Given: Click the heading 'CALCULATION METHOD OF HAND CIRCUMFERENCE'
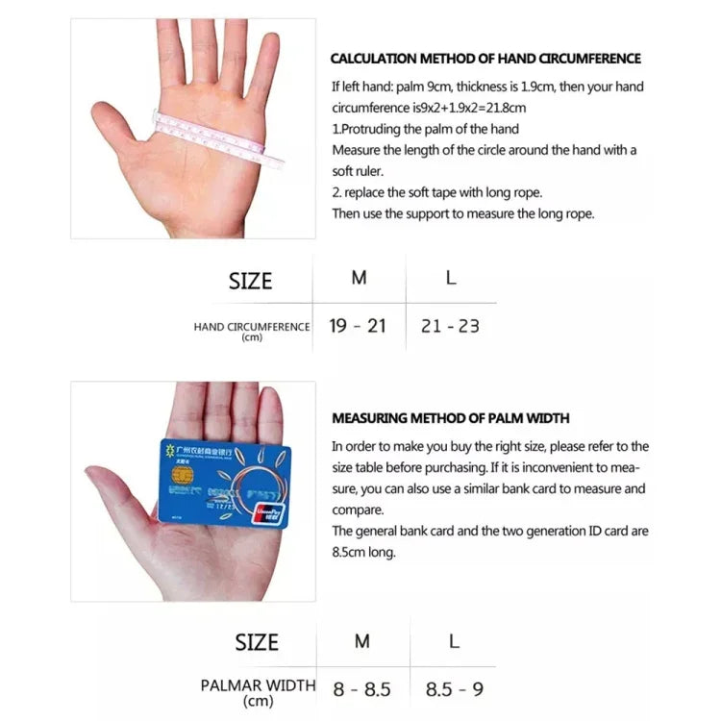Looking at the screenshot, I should point(485,59).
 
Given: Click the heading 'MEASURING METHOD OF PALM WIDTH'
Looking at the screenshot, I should point(451,418).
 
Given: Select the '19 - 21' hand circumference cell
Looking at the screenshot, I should point(358,326).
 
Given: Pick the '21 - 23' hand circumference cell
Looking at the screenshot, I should point(450,326).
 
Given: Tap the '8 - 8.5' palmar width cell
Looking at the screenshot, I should point(361,689).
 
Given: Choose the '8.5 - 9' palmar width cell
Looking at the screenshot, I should point(453,689).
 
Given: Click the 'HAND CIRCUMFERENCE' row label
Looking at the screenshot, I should point(252,327).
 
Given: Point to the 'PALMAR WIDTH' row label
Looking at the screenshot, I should point(258,685).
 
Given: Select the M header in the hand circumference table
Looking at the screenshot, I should point(359,278).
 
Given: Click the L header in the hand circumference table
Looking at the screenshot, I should point(451,278).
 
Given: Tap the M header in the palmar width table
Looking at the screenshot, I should point(361,640).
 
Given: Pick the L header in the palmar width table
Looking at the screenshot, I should point(454,640).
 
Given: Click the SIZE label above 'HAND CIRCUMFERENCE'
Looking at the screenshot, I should point(250,282).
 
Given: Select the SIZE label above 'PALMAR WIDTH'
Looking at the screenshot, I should point(257,642).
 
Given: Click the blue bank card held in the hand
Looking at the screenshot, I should point(223,482).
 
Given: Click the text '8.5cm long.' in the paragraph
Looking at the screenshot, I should point(363,552).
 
